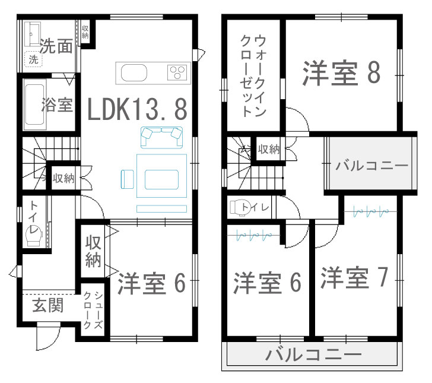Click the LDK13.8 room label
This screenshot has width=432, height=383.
coord(137,109)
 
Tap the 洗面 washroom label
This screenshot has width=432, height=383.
coord(56,46)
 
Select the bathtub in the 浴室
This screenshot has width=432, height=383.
coord(34,105)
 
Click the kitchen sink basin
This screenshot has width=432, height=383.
coord(134,73)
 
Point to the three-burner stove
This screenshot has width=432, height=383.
coord(177,72)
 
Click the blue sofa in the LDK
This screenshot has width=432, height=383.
coord(162,137)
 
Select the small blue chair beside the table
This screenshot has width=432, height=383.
coord(127,179)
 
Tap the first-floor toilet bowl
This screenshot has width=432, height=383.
coord(34,236)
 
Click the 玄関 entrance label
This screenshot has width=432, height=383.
coord(48,305)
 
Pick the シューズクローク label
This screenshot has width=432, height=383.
coord(93,310)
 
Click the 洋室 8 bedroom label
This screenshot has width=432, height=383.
coord(341,73)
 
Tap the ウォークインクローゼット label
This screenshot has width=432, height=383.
coord(253,75)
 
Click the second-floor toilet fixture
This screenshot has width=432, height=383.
coord(240,207)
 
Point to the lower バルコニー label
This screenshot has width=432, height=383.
coord(313,354)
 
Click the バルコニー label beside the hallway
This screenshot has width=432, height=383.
coord(371,166)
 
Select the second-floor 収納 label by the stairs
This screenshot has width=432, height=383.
coord(269,149)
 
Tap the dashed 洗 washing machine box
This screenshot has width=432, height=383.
coord(34,59)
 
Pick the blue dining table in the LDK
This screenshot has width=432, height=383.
coord(162,176)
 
